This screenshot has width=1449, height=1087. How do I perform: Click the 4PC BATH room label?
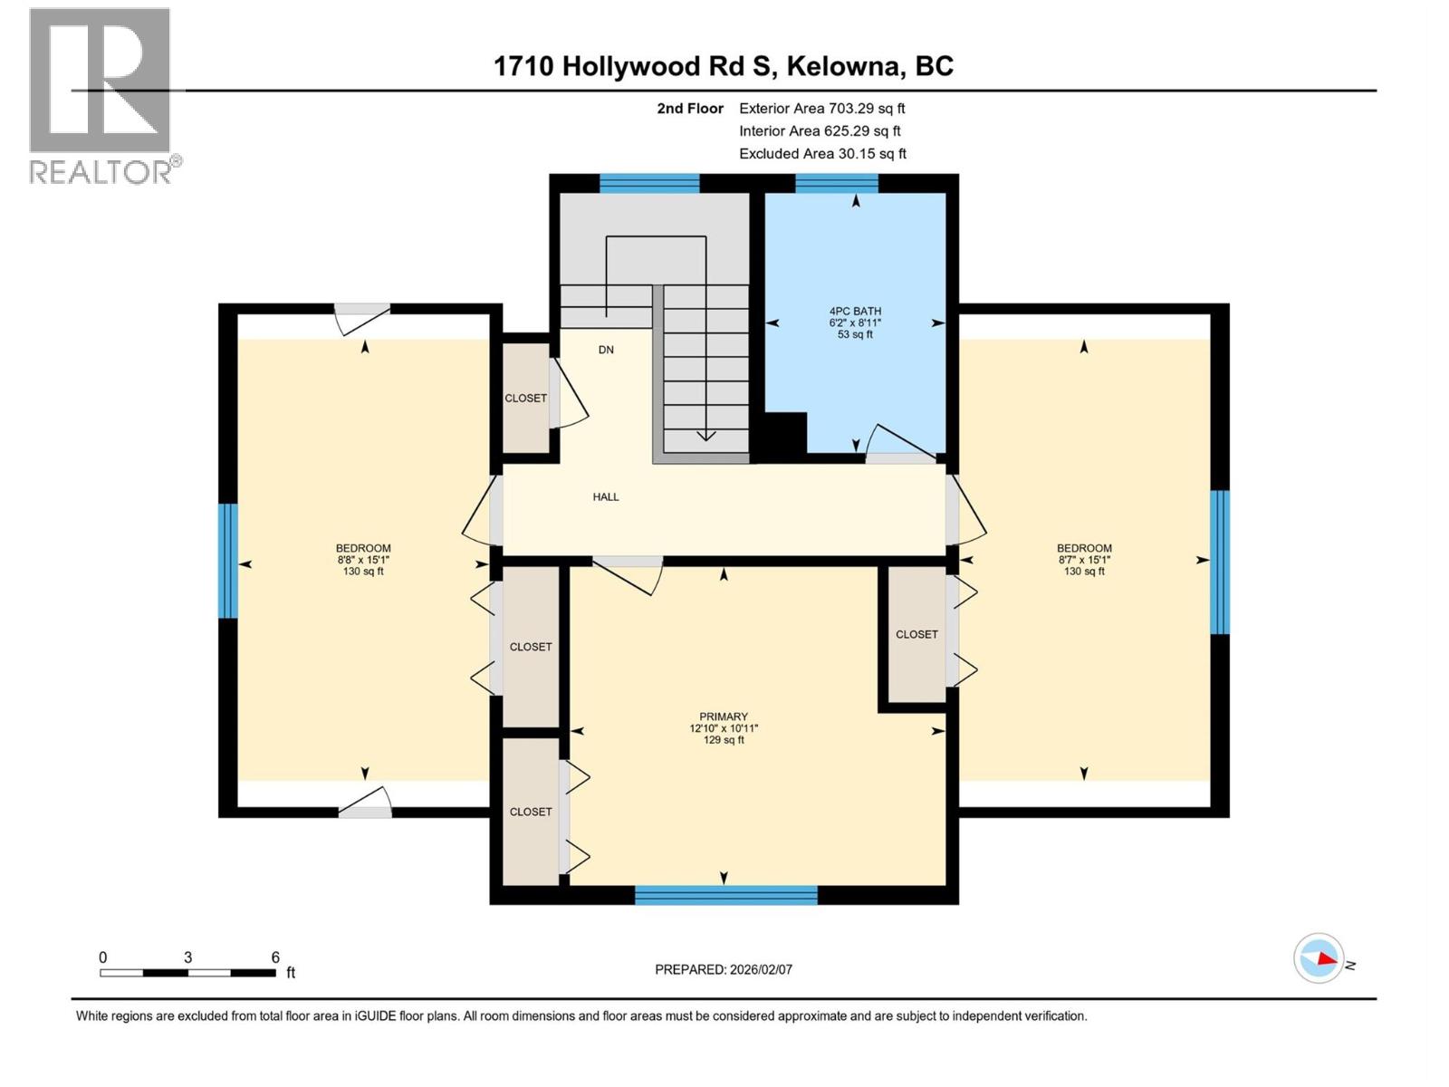click(x=855, y=312)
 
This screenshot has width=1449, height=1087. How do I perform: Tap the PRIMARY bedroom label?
click(x=723, y=717)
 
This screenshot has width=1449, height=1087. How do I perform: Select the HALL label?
click(x=606, y=496)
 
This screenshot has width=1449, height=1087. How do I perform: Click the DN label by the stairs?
click(x=606, y=350)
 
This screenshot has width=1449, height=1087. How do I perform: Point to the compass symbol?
click(x=1319, y=958)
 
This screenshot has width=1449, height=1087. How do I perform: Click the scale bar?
click(x=187, y=973)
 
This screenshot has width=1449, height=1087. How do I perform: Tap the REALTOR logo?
click(x=101, y=95)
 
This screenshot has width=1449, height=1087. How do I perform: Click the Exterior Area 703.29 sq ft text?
click(x=821, y=109)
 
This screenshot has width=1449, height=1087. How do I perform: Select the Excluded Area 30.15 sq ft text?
click(x=821, y=154)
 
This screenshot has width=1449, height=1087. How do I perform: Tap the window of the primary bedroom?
click(x=725, y=895)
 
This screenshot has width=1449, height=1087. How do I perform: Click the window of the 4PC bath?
click(x=837, y=184)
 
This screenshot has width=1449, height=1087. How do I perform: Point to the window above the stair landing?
click(x=649, y=184)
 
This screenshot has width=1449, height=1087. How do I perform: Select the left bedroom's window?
click(x=228, y=561)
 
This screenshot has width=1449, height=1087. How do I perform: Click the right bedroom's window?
click(x=1220, y=562)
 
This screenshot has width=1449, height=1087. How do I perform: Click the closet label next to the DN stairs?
click(x=525, y=399)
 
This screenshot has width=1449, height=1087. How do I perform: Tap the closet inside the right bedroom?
click(x=916, y=634)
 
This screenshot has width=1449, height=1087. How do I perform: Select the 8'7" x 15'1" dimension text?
click(x=1084, y=560)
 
